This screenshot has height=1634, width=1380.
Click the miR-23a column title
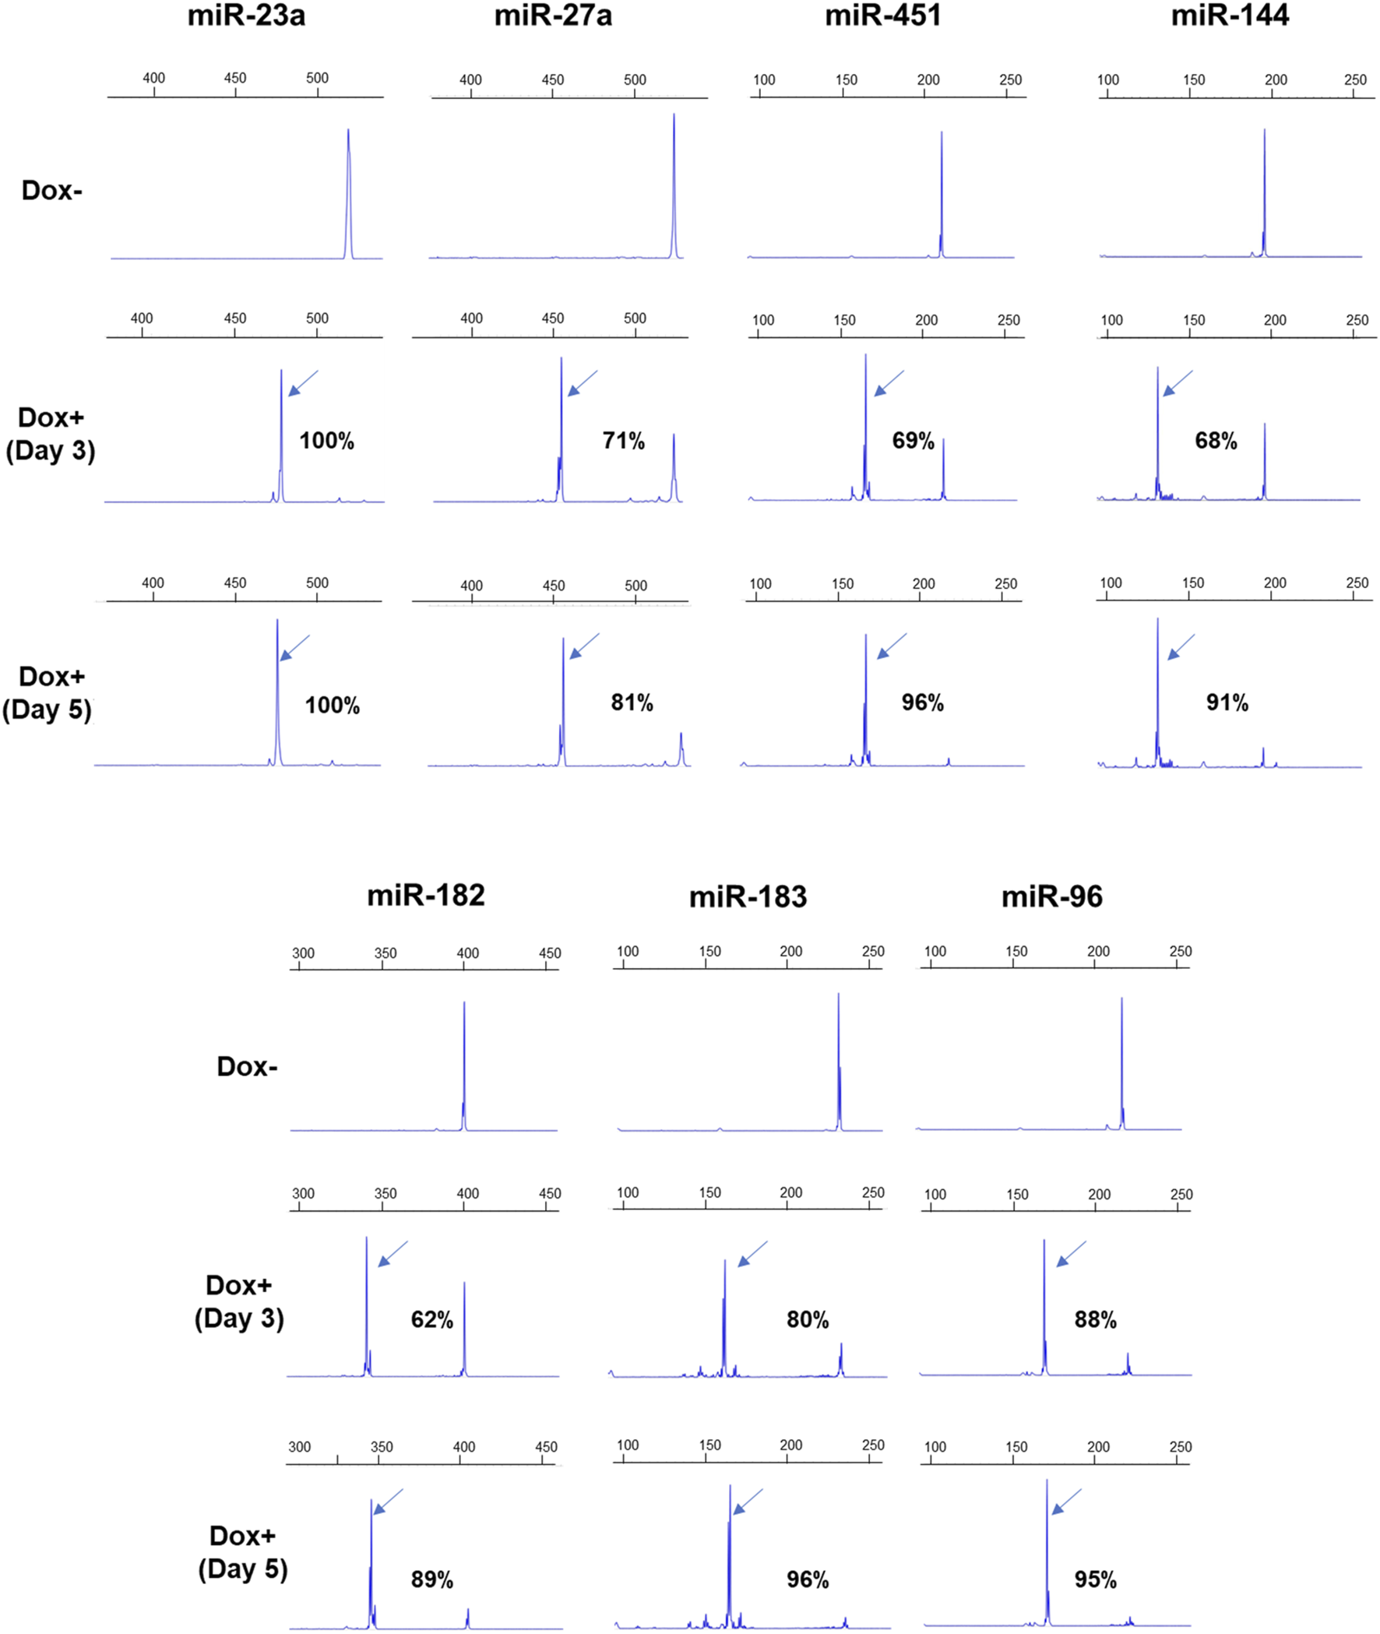point(245,16)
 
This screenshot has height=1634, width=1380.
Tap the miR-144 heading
point(1229,16)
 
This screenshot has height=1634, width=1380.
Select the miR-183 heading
point(747,896)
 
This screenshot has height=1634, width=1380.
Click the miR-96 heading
point(1051,896)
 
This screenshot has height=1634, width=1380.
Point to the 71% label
point(624,441)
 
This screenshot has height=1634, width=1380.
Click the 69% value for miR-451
point(913,441)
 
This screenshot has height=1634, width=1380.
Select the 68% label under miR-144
point(1216,441)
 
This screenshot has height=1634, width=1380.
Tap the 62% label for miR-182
point(432,1319)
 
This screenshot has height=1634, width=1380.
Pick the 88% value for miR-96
point(1095,1319)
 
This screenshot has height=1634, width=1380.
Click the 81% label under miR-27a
point(632,703)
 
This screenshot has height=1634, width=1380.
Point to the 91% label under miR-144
point(1227,703)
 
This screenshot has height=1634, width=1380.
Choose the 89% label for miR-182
point(432,1579)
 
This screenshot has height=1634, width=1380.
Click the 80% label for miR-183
point(808,1319)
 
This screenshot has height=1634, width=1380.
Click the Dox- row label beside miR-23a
point(51,191)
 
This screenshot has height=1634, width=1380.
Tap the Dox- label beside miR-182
point(246,1067)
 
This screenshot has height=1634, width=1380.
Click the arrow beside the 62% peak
point(393,1254)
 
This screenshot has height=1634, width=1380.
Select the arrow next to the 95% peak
point(1066,1501)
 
